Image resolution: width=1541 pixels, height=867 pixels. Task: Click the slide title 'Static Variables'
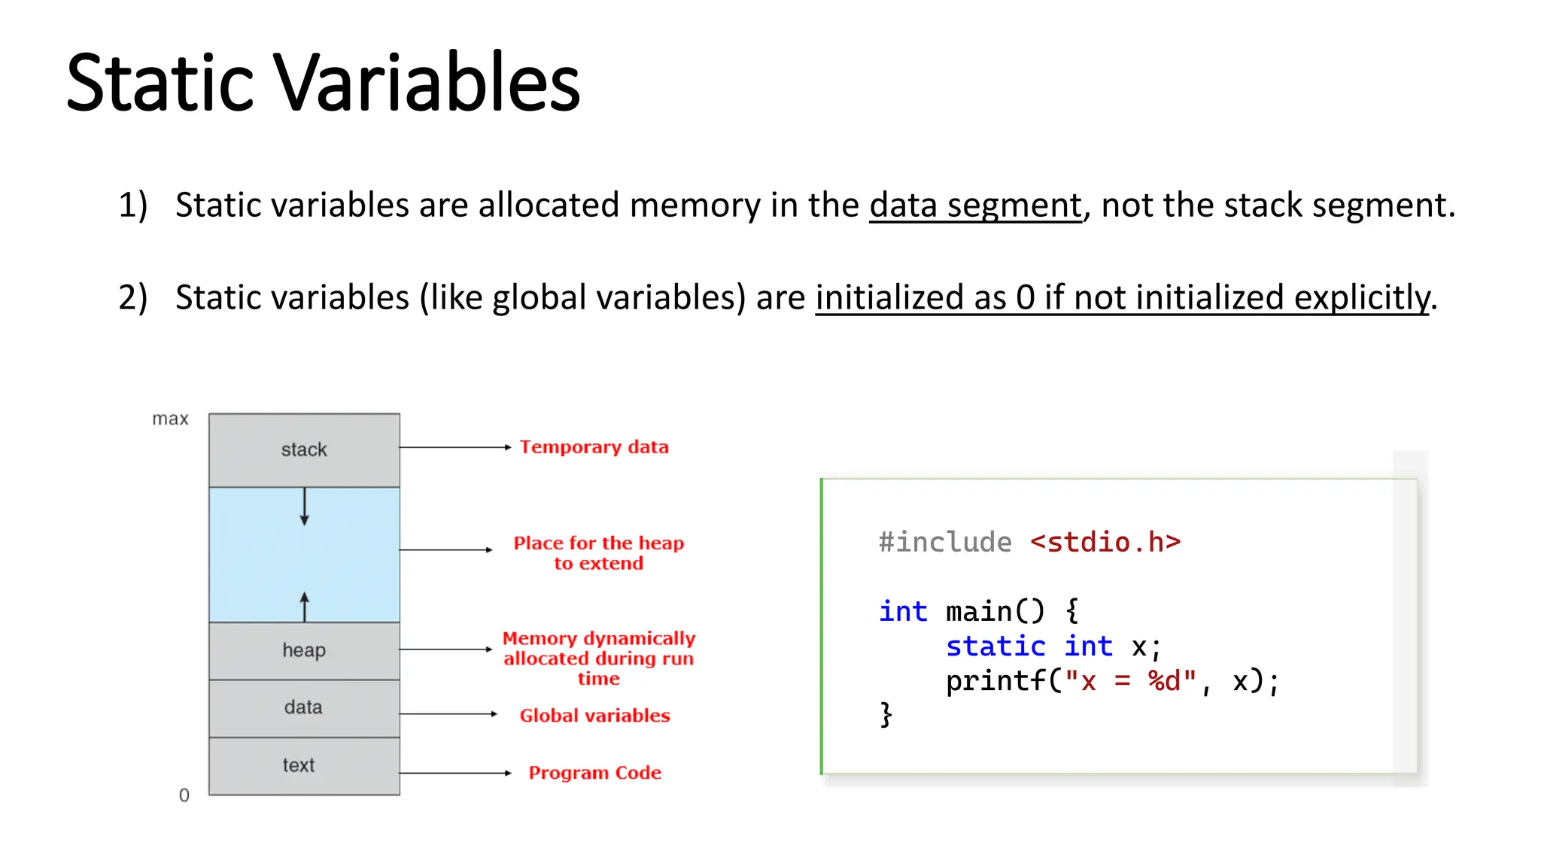(x=323, y=82)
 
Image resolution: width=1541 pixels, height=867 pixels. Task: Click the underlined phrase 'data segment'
(x=975, y=205)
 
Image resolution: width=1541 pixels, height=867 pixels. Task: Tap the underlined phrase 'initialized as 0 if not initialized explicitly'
(x=1122, y=297)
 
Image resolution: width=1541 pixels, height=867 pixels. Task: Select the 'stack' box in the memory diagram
(x=304, y=450)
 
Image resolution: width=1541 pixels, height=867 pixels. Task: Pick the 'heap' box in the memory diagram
(x=304, y=650)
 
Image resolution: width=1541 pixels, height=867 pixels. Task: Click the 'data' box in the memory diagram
(x=304, y=707)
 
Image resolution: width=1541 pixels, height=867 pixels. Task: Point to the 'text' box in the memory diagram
(x=299, y=765)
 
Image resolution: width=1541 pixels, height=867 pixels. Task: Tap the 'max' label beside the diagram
(x=170, y=419)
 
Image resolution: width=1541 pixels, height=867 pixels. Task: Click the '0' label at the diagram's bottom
(x=184, y=796)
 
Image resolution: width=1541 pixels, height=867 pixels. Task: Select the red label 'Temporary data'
(x=594, y=447)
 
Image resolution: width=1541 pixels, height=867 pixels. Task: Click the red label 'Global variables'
(x=594, y=716)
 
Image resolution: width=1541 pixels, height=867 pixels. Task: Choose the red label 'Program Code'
(x=594, y=773)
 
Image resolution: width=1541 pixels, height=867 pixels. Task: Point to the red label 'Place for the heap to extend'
(x=599, y=553)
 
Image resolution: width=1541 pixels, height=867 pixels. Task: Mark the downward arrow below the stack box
(x=305, y=507)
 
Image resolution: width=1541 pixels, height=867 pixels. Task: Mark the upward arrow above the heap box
(x=305, y=606)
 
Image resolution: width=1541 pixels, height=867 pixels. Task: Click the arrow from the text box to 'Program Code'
(x=455, y=773)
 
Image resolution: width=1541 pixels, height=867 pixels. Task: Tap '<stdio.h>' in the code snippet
(x=1105, y=543)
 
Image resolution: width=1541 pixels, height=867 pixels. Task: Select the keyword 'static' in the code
(x=995, y=646)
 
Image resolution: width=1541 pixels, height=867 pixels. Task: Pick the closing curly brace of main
(x=886, y=714)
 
